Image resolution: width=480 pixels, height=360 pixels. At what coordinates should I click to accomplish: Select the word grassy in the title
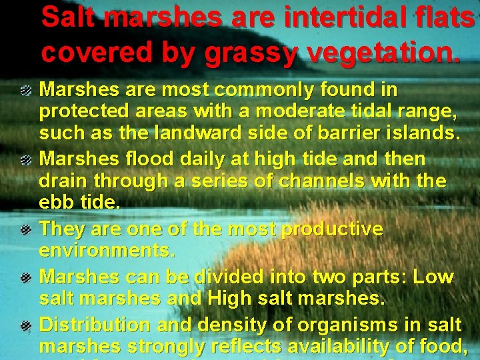[x=251, y=51]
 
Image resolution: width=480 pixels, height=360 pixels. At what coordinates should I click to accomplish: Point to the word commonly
[x=271, y=90]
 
